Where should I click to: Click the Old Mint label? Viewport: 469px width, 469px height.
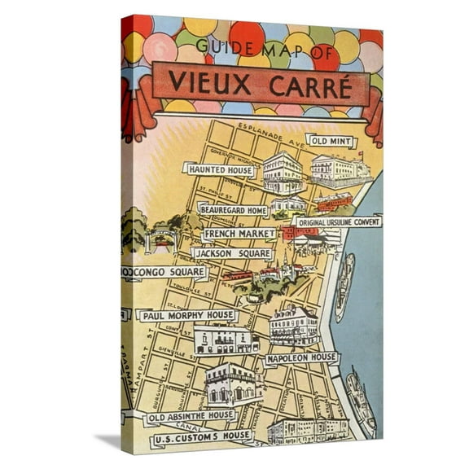(x=331, y=142)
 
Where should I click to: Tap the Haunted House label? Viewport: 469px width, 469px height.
(x=220, y=170)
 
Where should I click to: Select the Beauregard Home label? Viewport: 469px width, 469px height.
(x=233, y=210)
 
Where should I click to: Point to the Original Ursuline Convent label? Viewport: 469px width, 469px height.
(x=338, y=221)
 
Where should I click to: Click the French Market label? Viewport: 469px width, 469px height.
(x=239, y=234)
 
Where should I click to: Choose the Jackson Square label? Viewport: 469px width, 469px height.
(x=232, y=253)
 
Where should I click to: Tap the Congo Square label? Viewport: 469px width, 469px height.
(x=165, y=273)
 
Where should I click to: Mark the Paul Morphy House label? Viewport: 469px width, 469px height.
(x=187, y=315)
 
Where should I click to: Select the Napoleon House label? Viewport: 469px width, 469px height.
(x=301, y=357)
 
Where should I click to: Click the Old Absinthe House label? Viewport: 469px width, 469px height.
(x=191, y=417)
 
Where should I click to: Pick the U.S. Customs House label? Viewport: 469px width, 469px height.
(x=204, y=441)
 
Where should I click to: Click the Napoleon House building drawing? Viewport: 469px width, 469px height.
(x=293, y=326)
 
